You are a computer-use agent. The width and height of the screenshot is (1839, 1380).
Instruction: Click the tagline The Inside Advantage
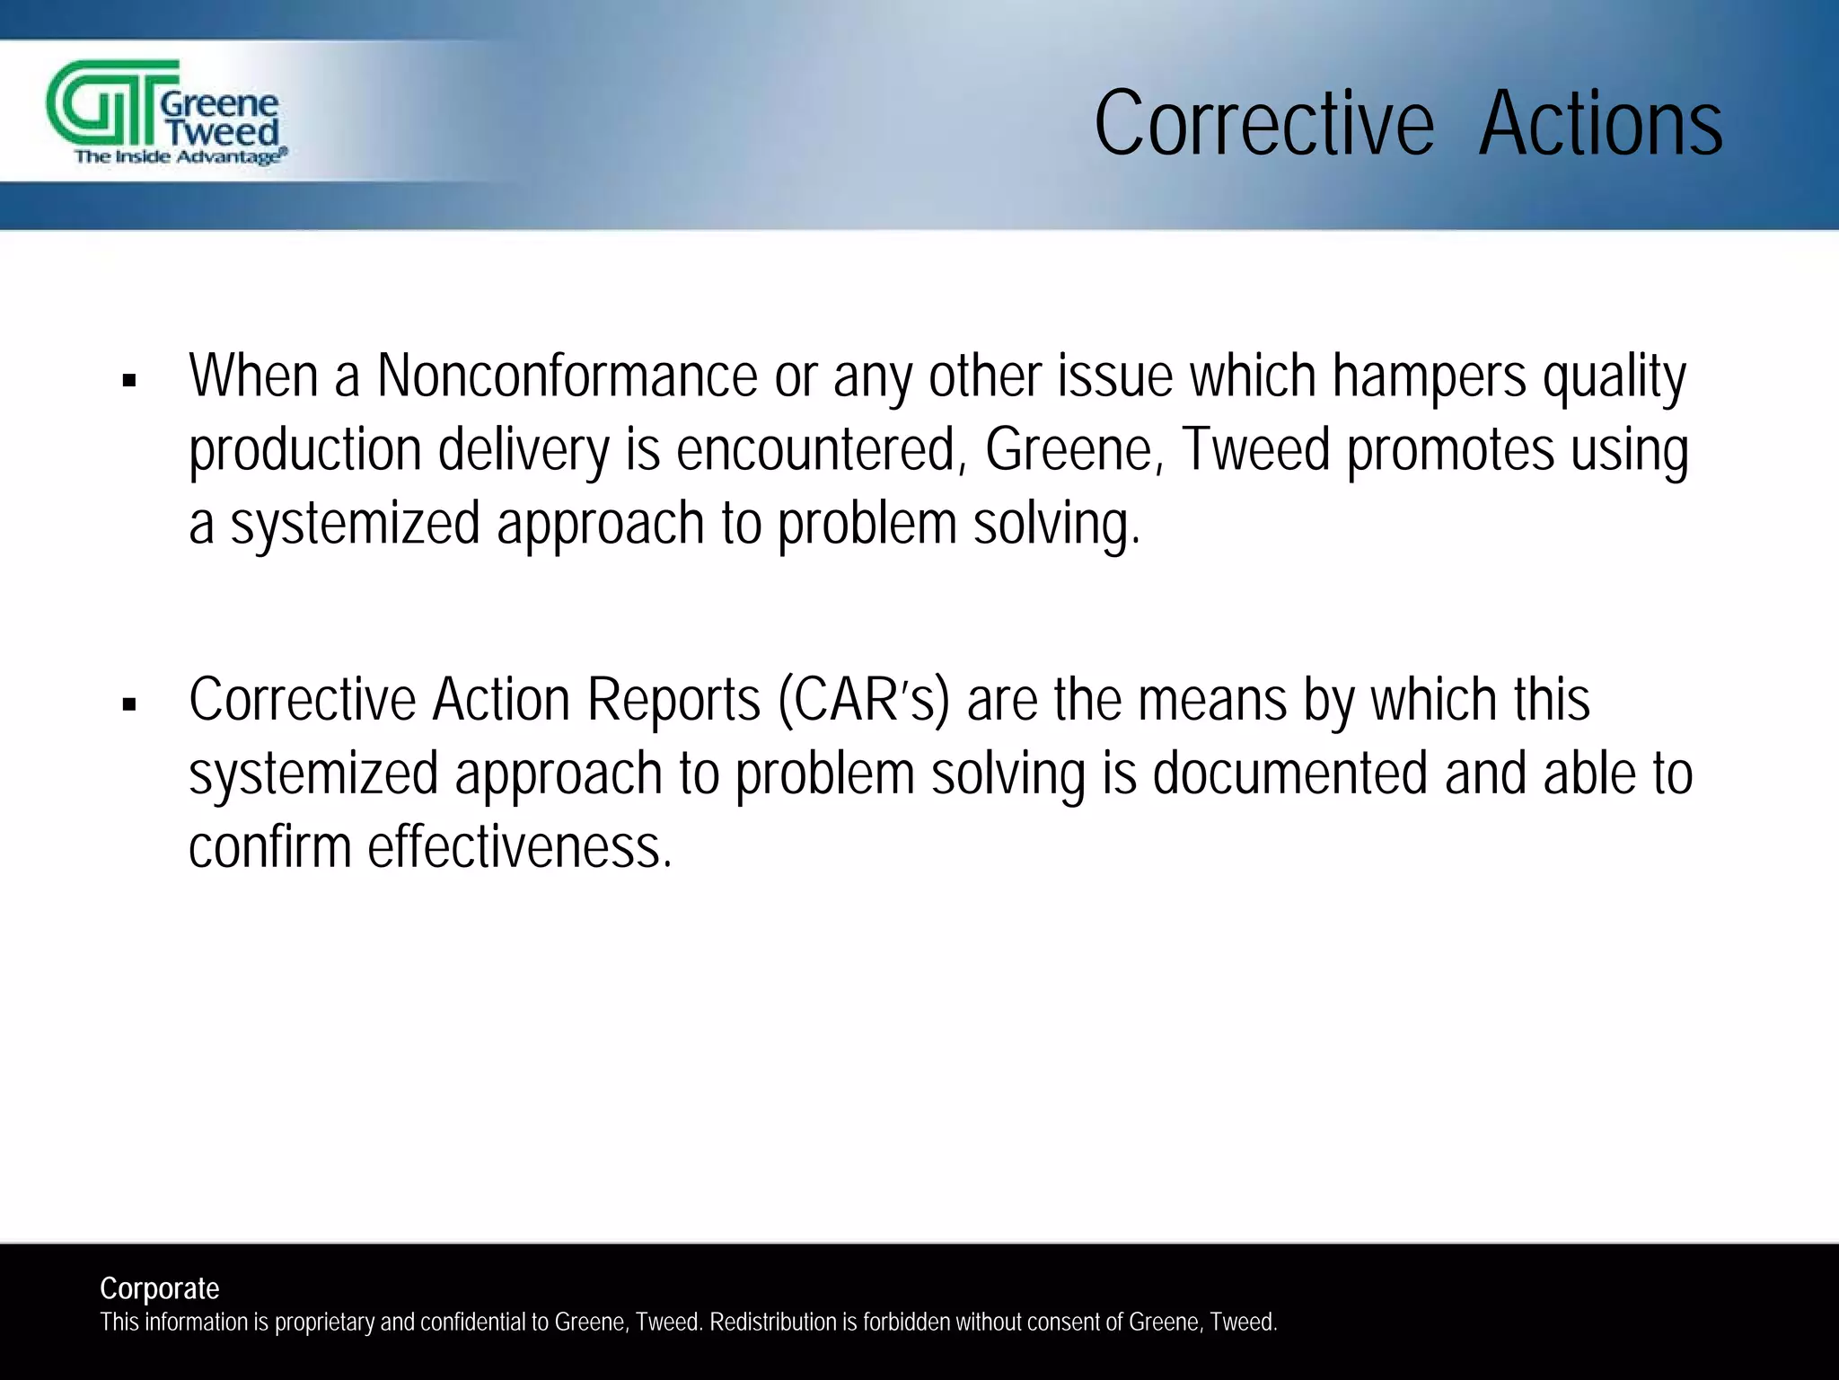180,157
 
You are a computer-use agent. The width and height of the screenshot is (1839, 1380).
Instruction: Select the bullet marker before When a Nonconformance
129,381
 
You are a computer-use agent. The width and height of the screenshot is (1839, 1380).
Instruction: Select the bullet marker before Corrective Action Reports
129,705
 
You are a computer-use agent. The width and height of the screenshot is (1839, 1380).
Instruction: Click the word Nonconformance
567,376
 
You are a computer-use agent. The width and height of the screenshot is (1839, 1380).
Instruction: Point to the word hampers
1429,376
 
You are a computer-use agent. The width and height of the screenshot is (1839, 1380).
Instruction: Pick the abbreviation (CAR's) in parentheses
863,700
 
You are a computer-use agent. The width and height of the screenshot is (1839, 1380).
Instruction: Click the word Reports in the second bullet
673,700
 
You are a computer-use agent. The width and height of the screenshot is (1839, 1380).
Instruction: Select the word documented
1289,774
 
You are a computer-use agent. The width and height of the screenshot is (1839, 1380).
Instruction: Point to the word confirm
269,847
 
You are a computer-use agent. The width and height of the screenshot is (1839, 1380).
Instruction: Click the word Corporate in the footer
159,1288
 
